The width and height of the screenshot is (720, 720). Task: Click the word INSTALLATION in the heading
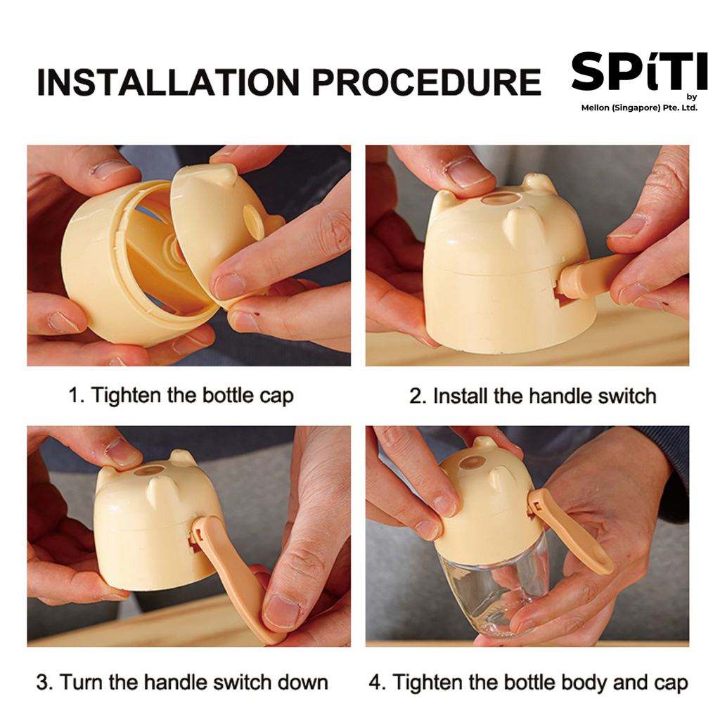tap(167, 83)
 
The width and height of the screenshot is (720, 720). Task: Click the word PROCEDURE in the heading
tap(427, 83)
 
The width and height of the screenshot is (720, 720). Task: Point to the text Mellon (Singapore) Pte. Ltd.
tap(639, 108)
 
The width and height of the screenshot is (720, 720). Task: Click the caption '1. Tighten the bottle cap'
tap(181, 396)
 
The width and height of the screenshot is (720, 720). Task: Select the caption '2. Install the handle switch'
tap(533, 397)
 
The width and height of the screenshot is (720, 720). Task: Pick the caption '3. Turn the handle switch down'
tap(182, 682)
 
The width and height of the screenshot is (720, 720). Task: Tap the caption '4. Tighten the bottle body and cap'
tap(528, 683)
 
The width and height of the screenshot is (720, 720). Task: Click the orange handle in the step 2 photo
tap(592, 276)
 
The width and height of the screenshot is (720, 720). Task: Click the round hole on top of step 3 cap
tap(150, 470)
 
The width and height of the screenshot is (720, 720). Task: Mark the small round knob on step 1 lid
tap(253, 221)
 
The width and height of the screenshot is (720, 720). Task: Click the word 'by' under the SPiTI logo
tap(692, 97)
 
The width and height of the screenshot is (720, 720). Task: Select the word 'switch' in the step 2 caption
tap(627, 397)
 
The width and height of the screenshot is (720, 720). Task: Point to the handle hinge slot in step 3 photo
tap(197, 538)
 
